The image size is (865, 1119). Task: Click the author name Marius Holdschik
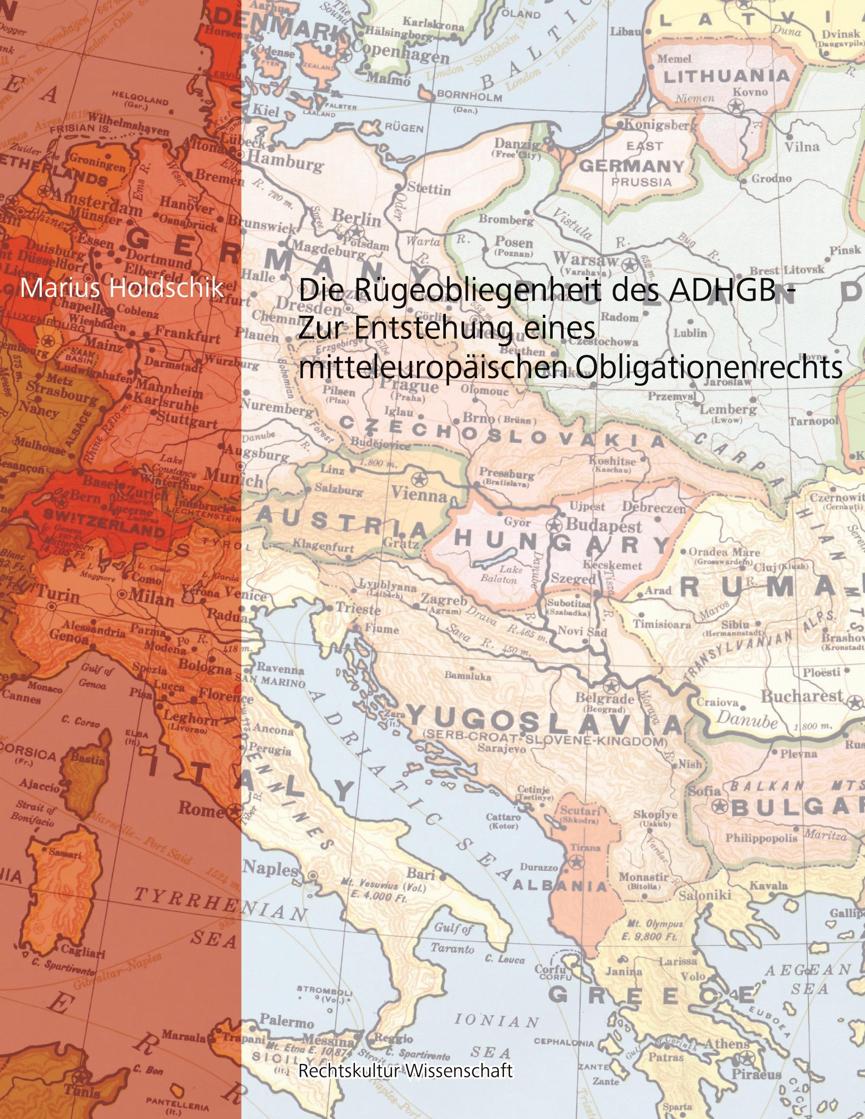click(122, 289)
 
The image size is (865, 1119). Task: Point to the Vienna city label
click(419, 495)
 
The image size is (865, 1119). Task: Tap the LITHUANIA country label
click(727, 76)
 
